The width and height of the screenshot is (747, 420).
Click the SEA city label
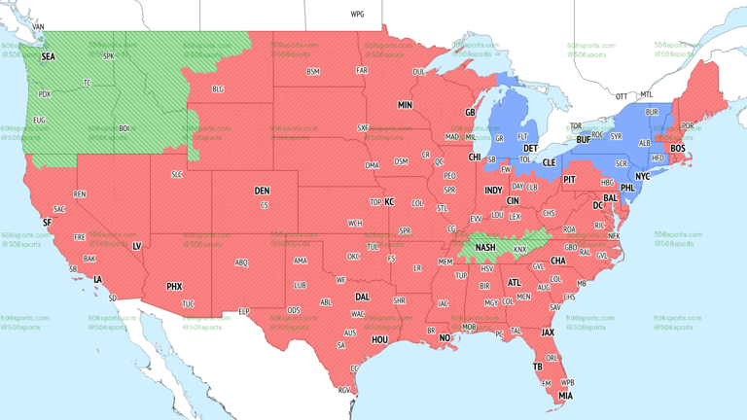point(48,57)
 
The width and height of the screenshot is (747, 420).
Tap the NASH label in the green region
point(485,248)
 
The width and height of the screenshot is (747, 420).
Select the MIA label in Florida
point(565,396)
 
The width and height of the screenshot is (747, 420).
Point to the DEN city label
point(262,191)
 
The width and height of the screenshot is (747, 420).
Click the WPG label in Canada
point(357,15)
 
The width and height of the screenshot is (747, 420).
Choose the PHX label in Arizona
point(174,287)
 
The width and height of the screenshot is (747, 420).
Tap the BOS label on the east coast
point(677,148)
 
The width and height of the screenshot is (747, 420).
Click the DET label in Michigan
point(532,148)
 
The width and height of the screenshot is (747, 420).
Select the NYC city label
point(642,176)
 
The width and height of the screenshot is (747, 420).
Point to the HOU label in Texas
point(379,339)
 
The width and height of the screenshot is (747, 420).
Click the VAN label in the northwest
point(39,27)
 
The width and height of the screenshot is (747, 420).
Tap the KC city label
point(389,201)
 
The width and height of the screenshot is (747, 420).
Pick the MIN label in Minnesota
point(405,104)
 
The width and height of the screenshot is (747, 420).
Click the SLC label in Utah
point(176,174)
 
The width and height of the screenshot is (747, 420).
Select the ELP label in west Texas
point(244,311)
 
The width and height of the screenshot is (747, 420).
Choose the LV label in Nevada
point(136,246)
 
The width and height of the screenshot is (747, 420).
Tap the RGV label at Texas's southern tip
point(343,390)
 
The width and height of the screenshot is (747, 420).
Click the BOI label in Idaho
point(124,128)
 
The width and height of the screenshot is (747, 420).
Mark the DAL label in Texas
point(362,297)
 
